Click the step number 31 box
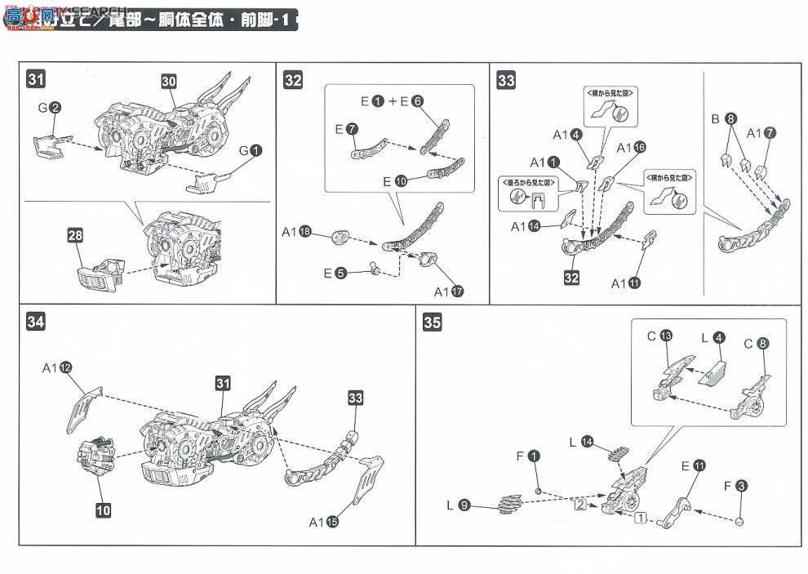click(x=36, y=79)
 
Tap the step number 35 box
click(x=433, y=322)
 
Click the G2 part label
click(x=50, y=107)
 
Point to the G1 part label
click(x=249, y=150)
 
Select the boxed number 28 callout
click(x=76, y=236)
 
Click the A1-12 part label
click(x=57, y=367)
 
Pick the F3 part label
click(x=735, y=487)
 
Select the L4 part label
click(x=713, y=336)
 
